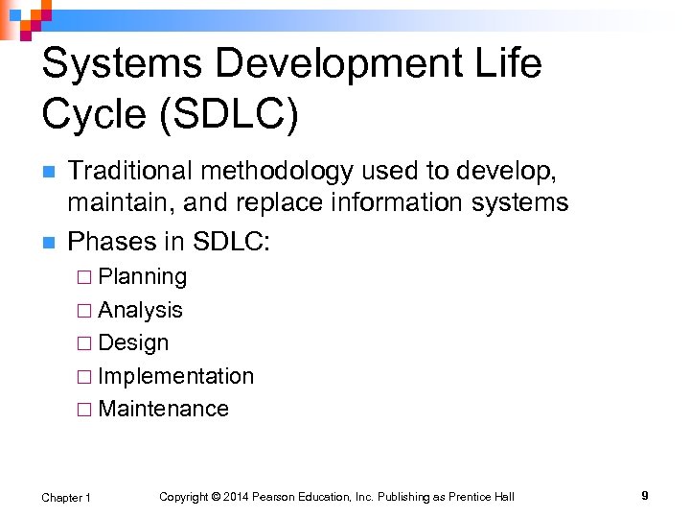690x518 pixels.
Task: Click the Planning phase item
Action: (143, 277)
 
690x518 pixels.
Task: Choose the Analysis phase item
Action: (140, 310)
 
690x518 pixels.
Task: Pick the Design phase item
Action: (133, 342)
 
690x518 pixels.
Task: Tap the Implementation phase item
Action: (175, 376)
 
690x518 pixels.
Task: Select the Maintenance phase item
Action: (163, 409)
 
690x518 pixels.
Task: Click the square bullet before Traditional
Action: (48, 173)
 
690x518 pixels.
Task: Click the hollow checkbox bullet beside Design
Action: (83, 343)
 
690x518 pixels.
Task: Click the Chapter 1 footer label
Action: (66, 497)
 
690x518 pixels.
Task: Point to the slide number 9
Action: (645, 496)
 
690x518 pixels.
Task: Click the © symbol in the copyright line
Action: (216, 497)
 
